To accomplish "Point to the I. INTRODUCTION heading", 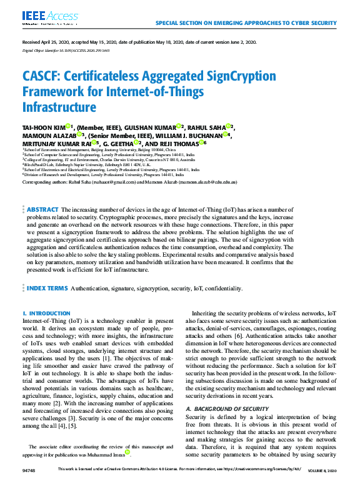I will coord(46,313).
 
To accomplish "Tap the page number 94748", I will coord(28,485).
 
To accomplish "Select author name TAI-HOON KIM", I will coord(44,127).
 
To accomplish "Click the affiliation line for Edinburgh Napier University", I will coord(93,164).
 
